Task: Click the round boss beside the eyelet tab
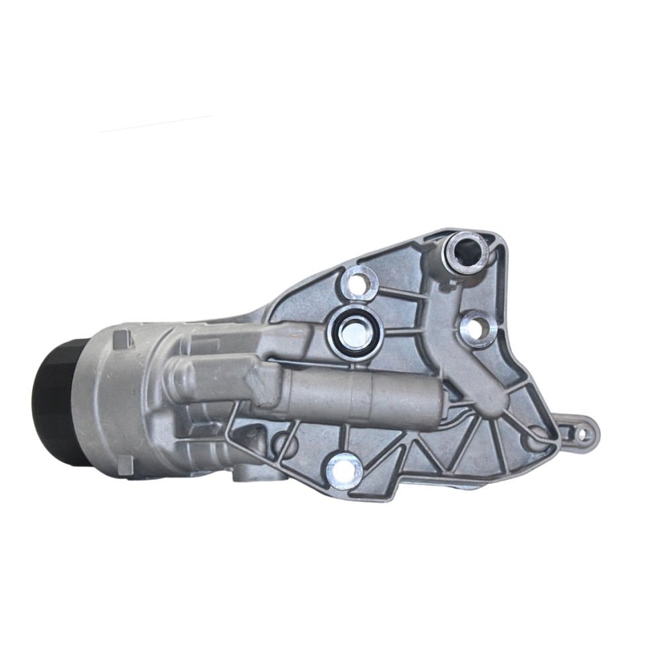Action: click(x=538, y=437)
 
